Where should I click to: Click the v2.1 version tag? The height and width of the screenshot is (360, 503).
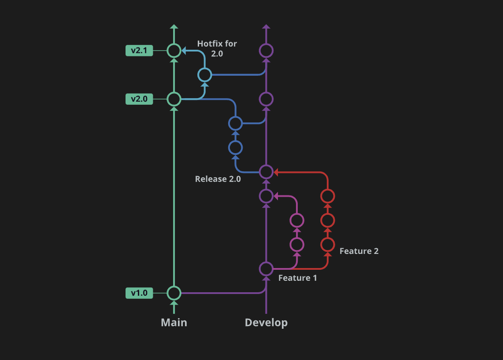tap(139, 51)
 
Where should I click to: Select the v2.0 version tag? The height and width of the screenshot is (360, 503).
tap(139, 99)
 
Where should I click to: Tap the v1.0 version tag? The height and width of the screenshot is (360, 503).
tap(139, 293)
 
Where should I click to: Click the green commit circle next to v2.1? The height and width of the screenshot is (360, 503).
tap(174, 51)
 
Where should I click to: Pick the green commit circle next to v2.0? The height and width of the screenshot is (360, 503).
tap(174, 99)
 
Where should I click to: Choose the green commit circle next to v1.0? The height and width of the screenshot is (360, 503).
tap(174, 293)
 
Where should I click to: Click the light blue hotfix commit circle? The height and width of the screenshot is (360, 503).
tap(204, 75)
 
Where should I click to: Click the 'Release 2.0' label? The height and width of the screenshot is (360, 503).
tap(218, 179)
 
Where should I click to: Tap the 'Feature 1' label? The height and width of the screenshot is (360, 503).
tap(297, 278)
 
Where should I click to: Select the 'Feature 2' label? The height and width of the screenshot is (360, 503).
tap(359, 251)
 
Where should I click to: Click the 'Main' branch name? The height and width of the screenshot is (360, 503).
tap(174, 323)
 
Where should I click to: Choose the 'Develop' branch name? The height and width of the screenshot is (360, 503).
tap(266, 323)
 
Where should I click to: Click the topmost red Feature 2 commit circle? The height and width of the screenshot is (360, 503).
tap(327, 196)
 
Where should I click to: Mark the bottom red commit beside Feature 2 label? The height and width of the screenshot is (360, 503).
tap(327, 244)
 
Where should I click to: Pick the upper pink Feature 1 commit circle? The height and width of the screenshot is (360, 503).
tap(297, 220)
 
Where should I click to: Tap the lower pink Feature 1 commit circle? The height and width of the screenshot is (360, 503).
tap(297, 244)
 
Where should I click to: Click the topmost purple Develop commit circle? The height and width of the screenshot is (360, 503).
tap(266, 51)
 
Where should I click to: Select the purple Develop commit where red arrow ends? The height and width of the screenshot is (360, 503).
tap(266, 172)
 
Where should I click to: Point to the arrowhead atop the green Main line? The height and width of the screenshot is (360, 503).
tap(174, 27)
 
